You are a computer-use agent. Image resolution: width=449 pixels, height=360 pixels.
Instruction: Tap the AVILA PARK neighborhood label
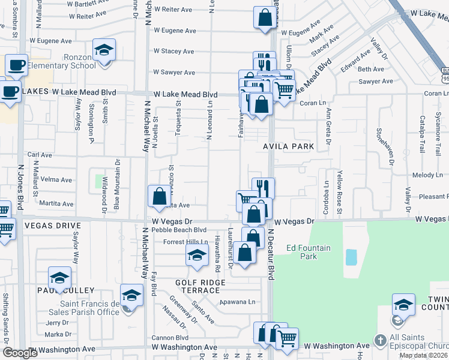point(297,146)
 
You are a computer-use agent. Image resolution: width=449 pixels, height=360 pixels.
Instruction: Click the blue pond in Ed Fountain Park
point(351,257)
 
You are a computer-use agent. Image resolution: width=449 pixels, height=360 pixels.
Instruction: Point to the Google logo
point(20,353)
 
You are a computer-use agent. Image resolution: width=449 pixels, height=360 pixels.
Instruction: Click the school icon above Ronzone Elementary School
point(104,50)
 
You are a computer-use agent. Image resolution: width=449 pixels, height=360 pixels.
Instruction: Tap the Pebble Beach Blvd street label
point(179,230)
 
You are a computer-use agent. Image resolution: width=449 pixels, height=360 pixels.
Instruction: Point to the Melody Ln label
point(427,175)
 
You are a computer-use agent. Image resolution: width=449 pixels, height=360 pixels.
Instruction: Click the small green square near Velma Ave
point(98,180)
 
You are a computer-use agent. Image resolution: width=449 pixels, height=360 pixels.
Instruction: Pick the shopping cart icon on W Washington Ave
point(286,338)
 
